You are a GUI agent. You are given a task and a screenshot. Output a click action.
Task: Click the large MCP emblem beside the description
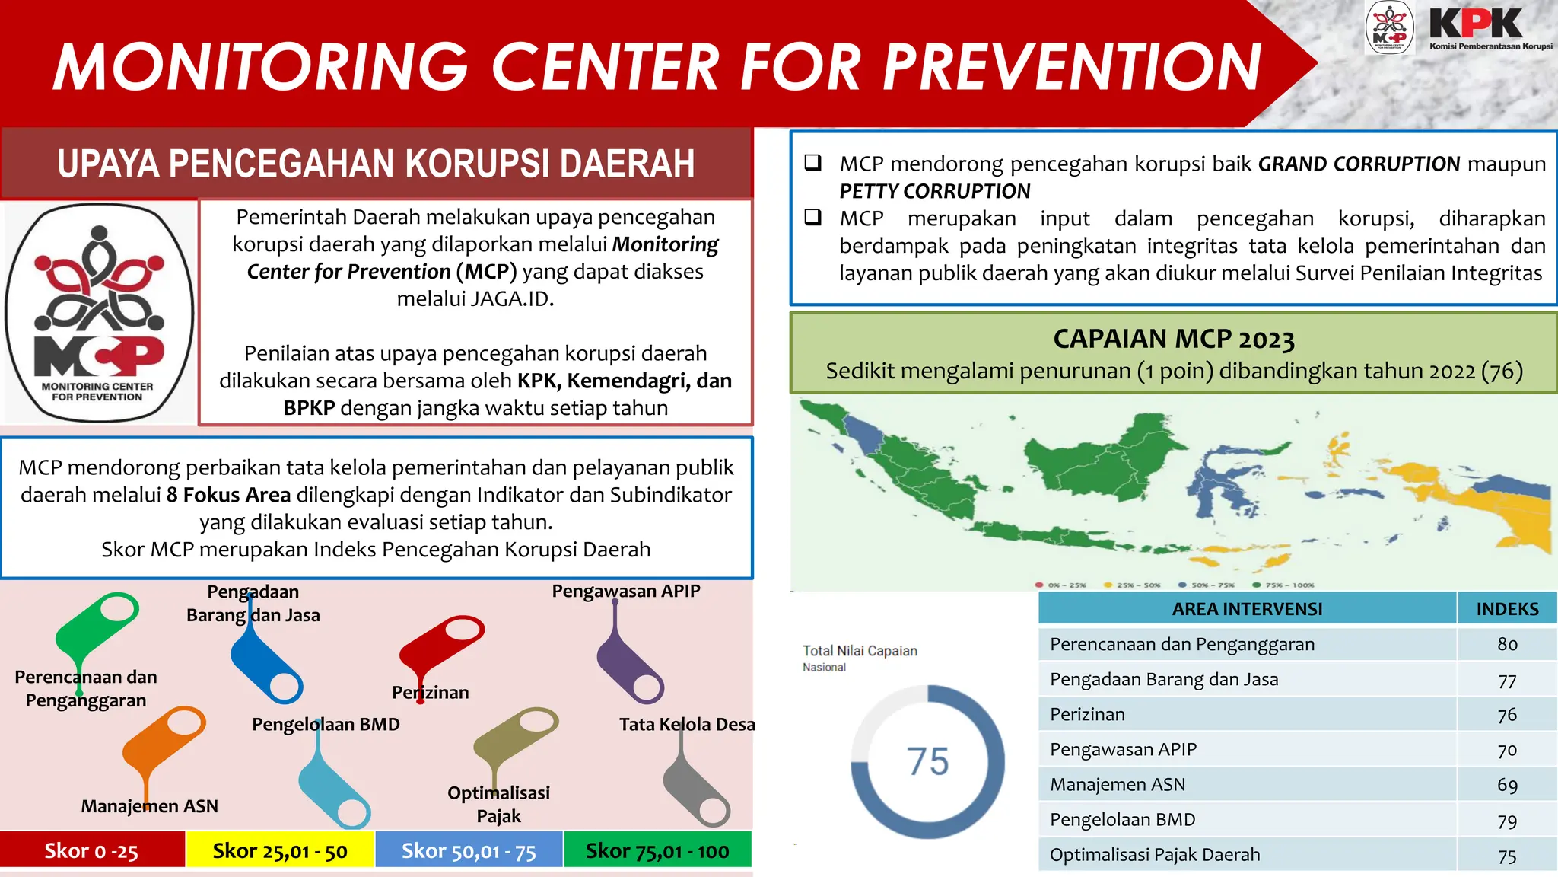tap(99, 313)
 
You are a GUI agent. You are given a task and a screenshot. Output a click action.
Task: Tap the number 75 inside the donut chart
tap(927, 761)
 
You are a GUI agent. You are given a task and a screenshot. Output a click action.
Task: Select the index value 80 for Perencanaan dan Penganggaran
tap(1507, 644)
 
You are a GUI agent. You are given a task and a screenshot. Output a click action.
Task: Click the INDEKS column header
tap(1507, 609)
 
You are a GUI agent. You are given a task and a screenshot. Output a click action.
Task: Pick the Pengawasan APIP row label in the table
tap(1123, 749)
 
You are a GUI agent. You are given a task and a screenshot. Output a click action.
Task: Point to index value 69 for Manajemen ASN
tap(1507, 785)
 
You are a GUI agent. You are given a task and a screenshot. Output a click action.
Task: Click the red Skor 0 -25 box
tap(92, 850)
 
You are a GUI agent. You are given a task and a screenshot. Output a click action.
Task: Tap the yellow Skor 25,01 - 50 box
tap(279, 850)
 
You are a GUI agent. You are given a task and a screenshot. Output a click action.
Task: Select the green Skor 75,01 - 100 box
tap(657, 850)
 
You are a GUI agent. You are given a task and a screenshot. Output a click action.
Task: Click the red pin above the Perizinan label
tap(443, 644)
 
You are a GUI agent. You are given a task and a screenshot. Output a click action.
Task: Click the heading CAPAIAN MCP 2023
tap(1173, 339)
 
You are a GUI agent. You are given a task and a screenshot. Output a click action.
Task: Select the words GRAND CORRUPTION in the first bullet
tap(1359, 164)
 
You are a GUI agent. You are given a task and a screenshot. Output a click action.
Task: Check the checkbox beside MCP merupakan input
tap(813, 218)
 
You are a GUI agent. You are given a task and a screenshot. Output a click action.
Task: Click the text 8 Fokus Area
tap(228, 495)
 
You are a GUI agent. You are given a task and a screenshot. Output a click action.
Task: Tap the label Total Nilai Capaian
tap(860, 651)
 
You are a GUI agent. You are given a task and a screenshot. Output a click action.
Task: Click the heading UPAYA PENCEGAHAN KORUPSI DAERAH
tap(376, 164)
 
